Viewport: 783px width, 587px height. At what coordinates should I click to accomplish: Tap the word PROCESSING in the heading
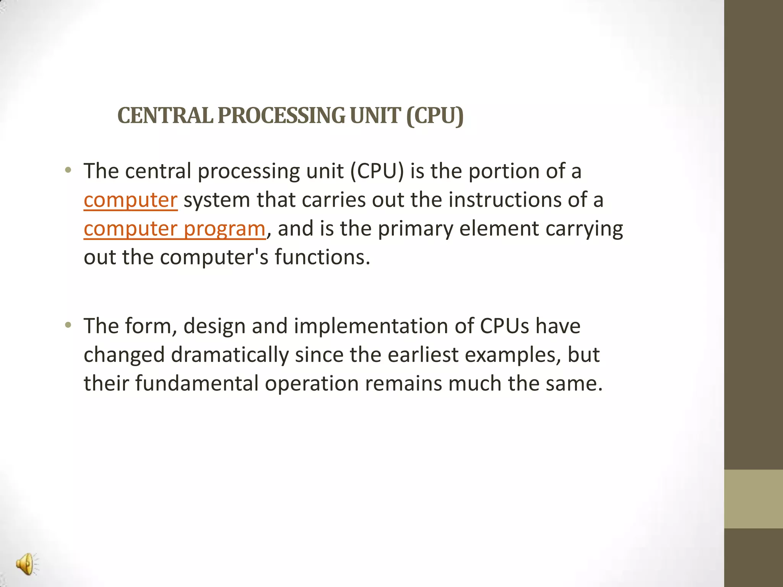click(281, 115)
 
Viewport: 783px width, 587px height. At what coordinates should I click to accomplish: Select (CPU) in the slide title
click(435, 115)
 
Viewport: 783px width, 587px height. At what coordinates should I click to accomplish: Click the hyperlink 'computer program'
click(174, 229)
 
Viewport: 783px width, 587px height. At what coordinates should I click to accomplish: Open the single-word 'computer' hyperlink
click(130, 200)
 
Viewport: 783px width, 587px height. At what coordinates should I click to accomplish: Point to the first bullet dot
click(68, 170)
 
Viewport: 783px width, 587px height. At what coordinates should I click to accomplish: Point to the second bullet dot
click(68, 326)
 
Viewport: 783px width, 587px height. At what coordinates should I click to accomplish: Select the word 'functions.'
click(322, 257)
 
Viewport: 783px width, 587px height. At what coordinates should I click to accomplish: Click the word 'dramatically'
click(229, 355)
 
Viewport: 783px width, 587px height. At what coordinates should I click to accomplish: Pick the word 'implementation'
click(371, 326)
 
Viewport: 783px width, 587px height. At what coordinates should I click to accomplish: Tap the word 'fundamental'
click(197, 383)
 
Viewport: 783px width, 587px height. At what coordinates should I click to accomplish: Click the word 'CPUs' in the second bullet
click(504, 326)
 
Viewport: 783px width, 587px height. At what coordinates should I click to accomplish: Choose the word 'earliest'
click(423, 355)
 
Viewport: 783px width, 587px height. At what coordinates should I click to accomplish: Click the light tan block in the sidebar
click(753, 499)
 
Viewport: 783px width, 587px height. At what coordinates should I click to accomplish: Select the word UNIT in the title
click(375, 115)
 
